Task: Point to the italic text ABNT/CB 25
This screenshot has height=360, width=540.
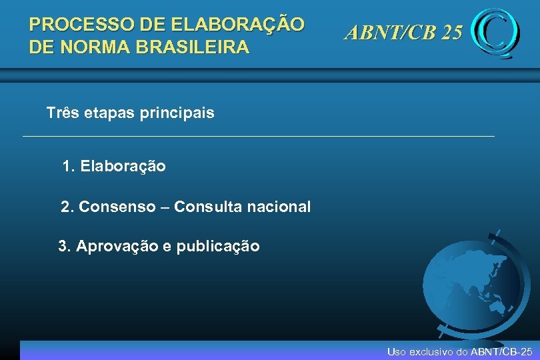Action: pos(403,32)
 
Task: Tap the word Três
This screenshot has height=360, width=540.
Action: pos(63,113)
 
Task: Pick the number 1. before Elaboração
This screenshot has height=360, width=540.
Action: pos(68,166)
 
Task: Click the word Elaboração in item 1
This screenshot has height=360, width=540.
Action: pos(123,166)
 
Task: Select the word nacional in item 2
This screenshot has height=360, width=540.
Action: pos(280,207)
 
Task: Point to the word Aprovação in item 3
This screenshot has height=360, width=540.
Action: pos(117,246)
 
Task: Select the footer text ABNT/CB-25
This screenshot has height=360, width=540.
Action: pos(502,351)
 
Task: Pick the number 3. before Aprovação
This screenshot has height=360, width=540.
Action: pos(65,246)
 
